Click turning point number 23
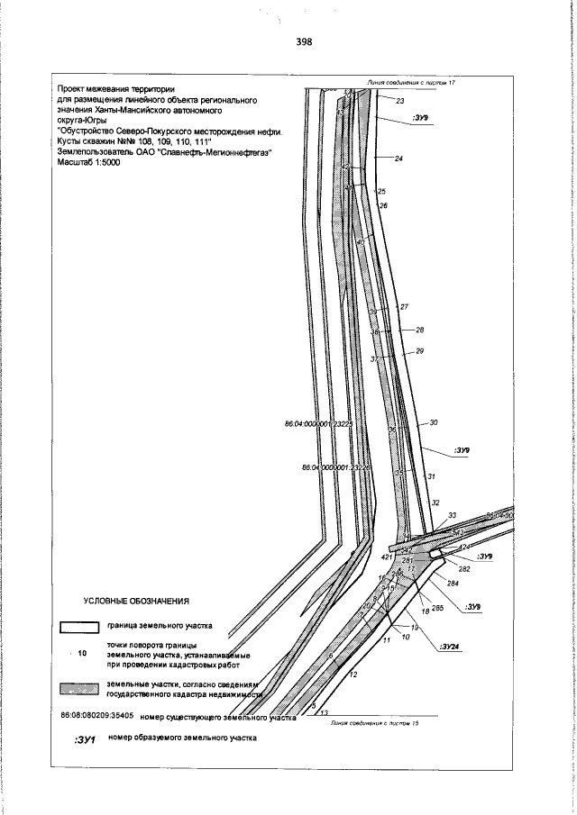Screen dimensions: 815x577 click(x=399, y=101)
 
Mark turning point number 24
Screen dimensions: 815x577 click(x=398, y=158)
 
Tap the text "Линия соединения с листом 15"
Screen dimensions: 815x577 click(x=371, y=722)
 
